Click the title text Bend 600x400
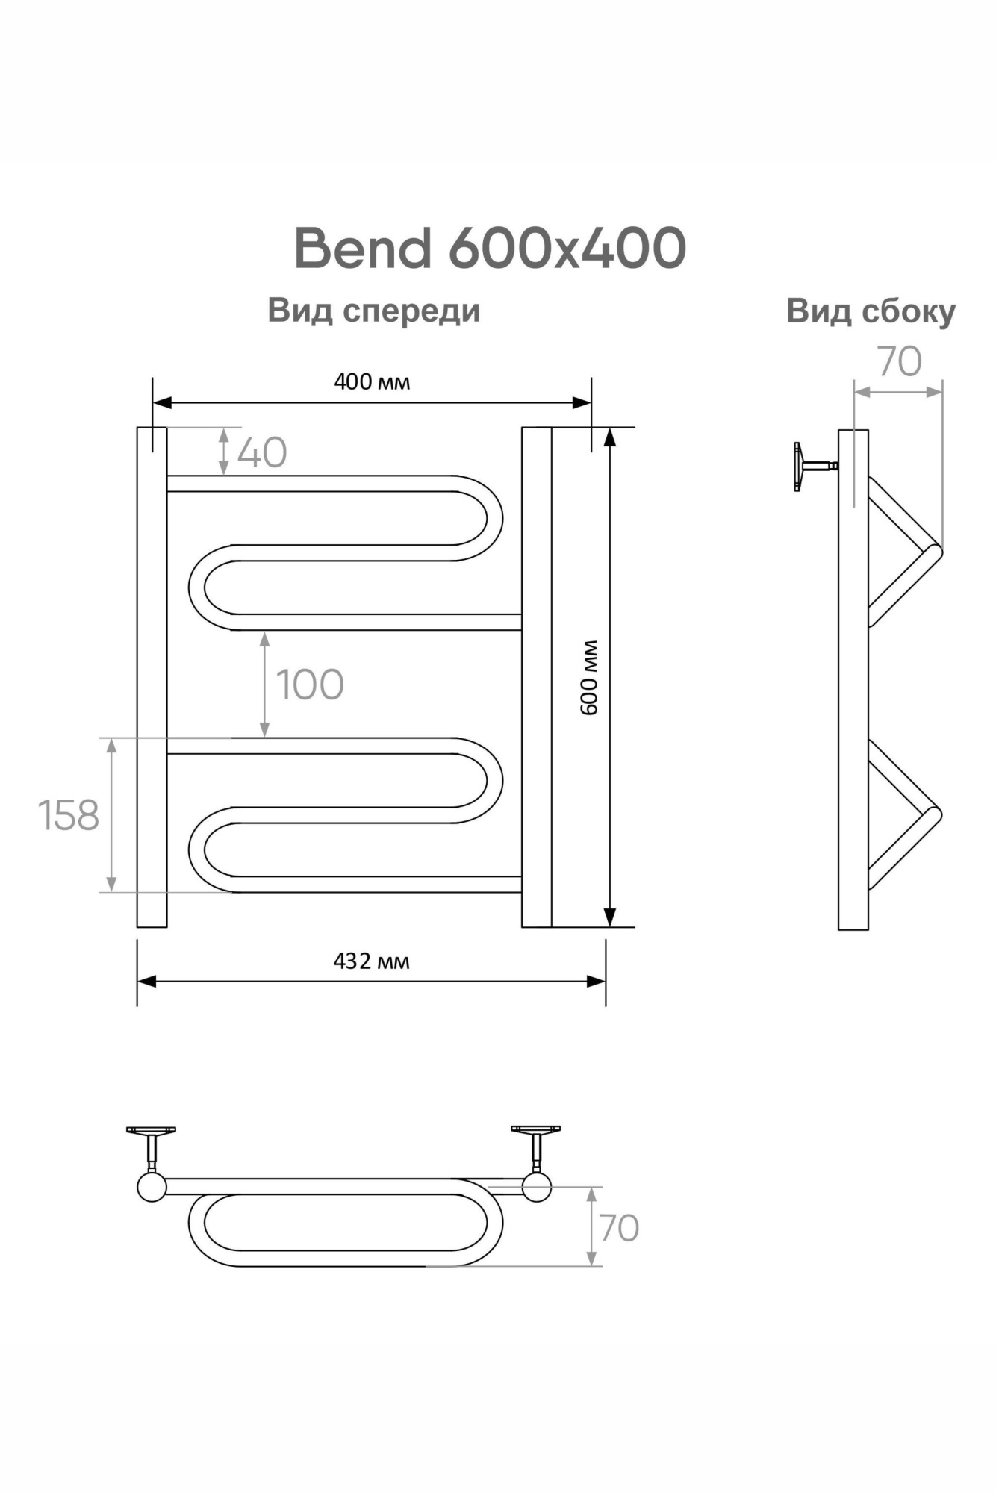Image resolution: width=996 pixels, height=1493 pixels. click(x=490, y=249)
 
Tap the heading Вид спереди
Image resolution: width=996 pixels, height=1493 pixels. click(x=373, y=311)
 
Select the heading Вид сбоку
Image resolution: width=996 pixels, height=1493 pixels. click(x=871, y=311)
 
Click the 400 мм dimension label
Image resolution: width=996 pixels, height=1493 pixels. click(x=372, y=382)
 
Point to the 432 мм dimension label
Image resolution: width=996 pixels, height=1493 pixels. click(x=371, y=961)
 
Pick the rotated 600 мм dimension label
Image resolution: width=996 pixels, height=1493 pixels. click(x=590, y=677)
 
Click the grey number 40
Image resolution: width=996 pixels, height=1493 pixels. click(x=262, y=453)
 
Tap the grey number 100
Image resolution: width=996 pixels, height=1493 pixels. click(x=310, y=685)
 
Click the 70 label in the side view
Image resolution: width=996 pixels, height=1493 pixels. click(x=900, y=362)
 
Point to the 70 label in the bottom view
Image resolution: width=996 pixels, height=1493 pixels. click(x=619, y=1228)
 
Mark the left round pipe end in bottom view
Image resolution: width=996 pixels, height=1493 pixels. click(x=152, y=1186)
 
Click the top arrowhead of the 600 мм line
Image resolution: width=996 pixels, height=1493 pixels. click(x=610, y=437)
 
